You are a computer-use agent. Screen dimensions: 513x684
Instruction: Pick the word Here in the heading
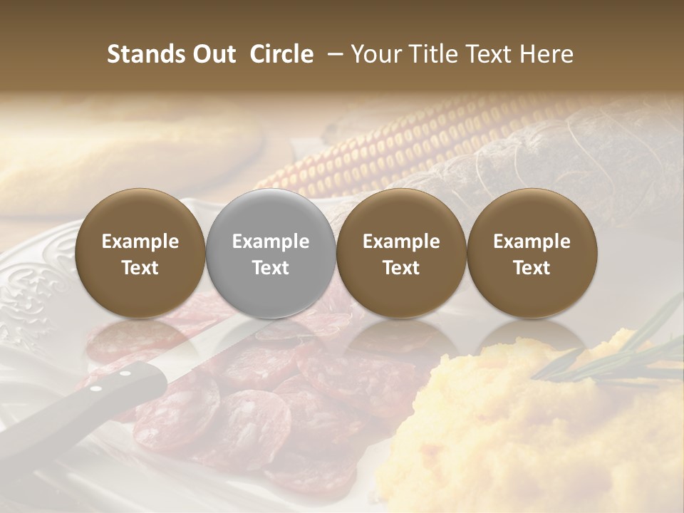(546, 54)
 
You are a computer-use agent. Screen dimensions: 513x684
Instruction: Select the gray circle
(271, 254)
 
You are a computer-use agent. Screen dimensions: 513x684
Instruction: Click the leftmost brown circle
(140, 254)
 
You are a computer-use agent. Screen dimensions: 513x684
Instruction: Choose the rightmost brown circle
(532, 254)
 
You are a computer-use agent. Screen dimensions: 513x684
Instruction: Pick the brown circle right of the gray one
(401, 254)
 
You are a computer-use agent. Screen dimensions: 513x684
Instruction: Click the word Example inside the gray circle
(271, 242)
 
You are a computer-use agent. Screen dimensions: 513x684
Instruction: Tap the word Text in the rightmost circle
(532, 268)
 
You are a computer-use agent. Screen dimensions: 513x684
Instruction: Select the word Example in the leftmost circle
(140, 242)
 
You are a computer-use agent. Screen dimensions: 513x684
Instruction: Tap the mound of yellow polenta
(527, 427)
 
